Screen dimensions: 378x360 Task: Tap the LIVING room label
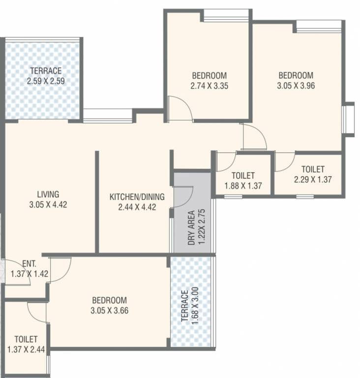click(48, 193)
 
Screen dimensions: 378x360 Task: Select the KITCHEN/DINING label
click(137, 197)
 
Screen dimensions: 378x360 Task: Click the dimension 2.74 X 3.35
click(209, 85)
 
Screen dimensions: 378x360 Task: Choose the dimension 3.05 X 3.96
click(296, 85)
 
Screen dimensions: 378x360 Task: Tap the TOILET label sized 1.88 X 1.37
click(242, 176)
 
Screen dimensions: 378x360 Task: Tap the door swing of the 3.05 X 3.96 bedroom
click(254, 137)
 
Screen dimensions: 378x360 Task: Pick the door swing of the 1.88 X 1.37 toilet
click(226, 161)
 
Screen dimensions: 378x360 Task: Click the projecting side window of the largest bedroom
click(348, 118)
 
